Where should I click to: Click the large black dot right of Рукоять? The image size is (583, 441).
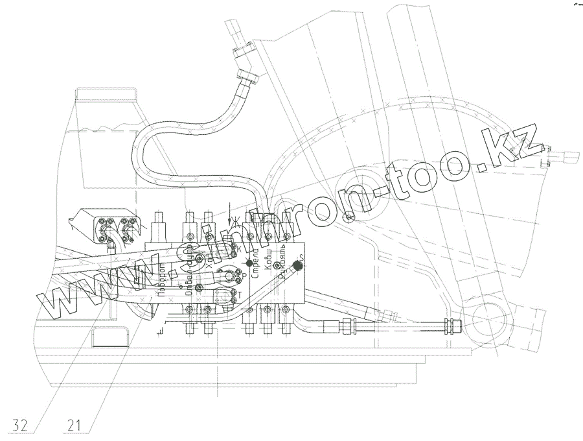(x=297, y=266)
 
